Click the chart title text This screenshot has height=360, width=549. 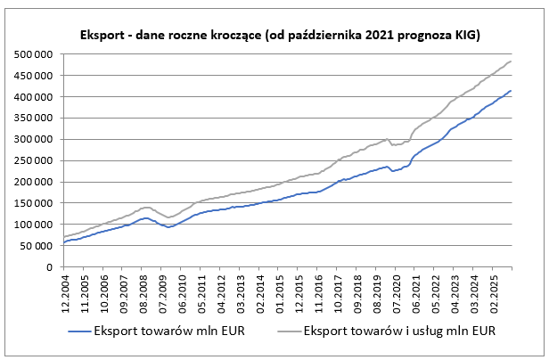click(x=275, y=36)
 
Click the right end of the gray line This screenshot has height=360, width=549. click(x=512, y=61)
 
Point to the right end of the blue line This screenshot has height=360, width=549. click(x=512, y=90)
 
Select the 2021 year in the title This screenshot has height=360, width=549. click(x=381, y=36)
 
